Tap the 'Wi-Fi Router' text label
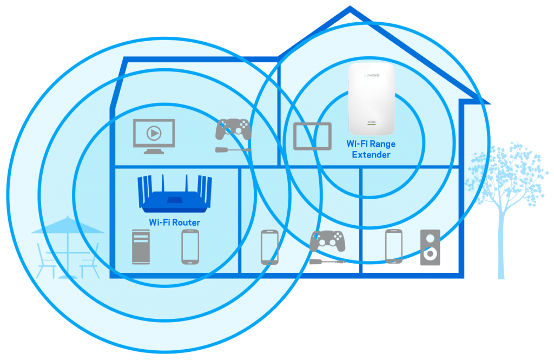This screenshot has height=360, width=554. [174, 222]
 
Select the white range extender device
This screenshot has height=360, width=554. [371, 99]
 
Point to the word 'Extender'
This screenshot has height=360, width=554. [371, 155]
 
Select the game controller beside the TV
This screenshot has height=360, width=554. [233, 130]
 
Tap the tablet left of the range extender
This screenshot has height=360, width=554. [312, 136]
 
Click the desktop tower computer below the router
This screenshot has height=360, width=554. [140, 246]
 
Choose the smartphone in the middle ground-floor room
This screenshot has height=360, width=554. [269, 247]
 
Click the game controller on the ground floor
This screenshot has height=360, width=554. [327, 241]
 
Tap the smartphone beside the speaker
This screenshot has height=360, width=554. [394, 246]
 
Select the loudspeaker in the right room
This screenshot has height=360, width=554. [431, 247]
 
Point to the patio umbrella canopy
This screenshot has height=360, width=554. [67, 226]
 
